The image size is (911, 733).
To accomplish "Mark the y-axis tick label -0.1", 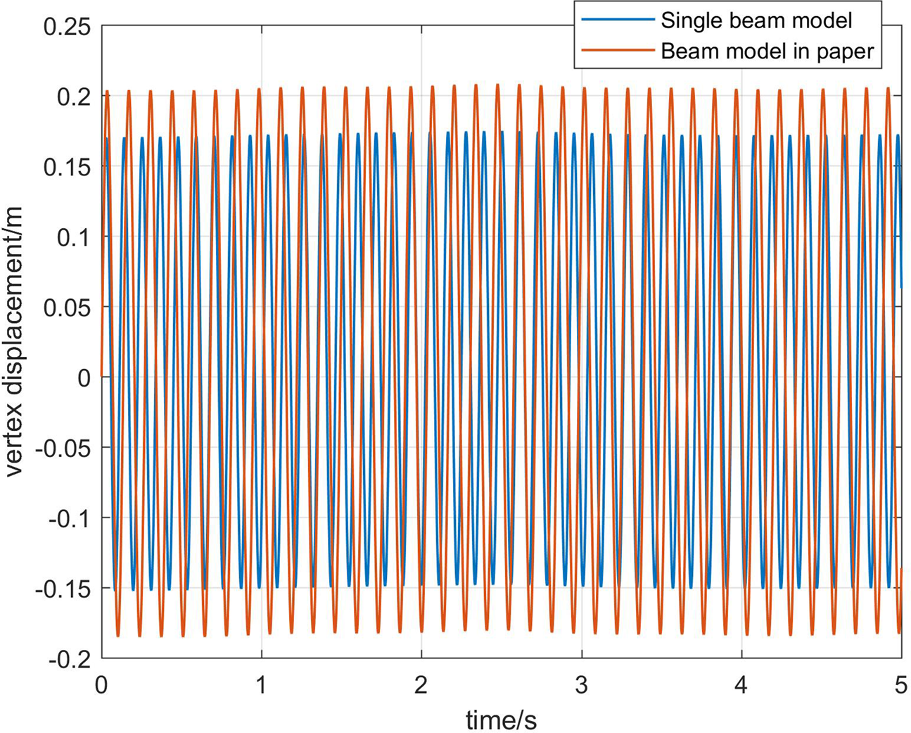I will [69, 519].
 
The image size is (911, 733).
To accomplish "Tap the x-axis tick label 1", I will [262, 684].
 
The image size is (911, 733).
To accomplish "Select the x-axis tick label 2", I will [421, 684].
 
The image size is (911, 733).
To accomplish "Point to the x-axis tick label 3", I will [582, 684].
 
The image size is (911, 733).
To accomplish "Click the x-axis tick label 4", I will [741, 684].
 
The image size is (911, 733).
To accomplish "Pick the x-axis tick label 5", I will [901, 684].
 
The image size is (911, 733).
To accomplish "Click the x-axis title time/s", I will [501, 719].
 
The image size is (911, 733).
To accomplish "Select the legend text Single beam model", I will [756, 20].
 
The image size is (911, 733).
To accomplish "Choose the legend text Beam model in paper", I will [767, 50].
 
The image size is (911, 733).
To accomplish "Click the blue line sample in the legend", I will [617, 20].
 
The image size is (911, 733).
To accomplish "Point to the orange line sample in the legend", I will [617, 50].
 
